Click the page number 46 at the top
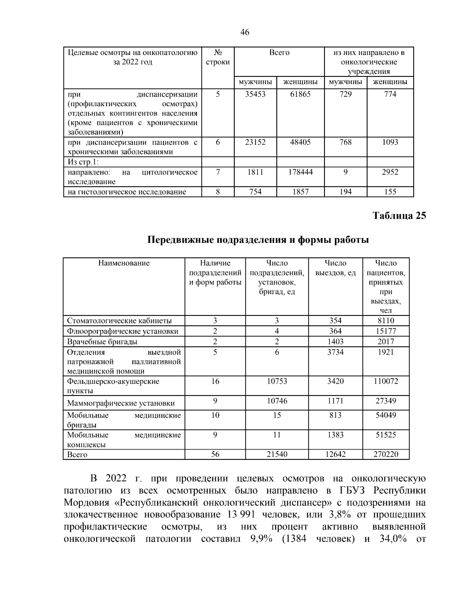[x=245, y=32]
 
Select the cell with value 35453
[x=255, y=94]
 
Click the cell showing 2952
[x=390, y=172]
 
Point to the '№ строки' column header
[x=218, y=57]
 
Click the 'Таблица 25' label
[x=399, y=216]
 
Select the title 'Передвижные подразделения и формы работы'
[x=258, y=240]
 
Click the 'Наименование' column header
[x=124, y=263]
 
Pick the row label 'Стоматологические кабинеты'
[x=119, y=321]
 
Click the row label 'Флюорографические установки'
[x=123, y=331]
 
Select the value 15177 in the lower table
[x=385, y=331]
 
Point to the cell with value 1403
[x=335, y=342]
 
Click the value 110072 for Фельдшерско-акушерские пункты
[x=385, y=381]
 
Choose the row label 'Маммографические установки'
[x=121, y=403]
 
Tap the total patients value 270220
[x=385, y=454]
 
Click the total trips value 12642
[x=335, y=454]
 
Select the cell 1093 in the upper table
[x=390, y=142]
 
